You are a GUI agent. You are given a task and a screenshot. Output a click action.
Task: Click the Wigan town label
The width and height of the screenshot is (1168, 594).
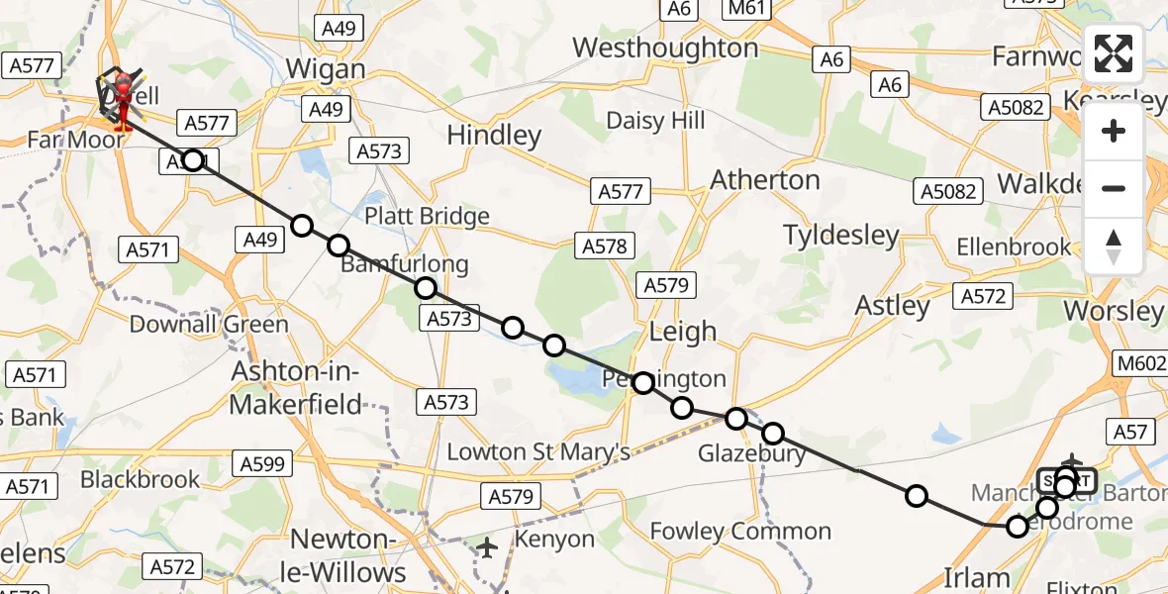[x=325, y=69]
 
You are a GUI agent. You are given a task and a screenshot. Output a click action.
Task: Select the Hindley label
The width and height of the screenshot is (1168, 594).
[x=494, y=135]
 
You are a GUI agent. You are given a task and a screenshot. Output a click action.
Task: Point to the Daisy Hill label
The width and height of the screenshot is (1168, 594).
[x=655, y=120]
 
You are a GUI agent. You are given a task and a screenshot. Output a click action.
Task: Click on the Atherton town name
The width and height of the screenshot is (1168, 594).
[x=765, y=180]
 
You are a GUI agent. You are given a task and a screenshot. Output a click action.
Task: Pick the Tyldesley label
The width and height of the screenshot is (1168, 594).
[x=841, y=236]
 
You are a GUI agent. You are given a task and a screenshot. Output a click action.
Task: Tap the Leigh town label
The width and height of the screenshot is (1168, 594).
[x=682, y=331]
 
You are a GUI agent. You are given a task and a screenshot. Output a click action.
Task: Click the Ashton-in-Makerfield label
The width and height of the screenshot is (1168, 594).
[x=297, y=387]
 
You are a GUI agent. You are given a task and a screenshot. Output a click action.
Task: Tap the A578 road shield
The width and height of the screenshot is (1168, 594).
[x=605, y=247]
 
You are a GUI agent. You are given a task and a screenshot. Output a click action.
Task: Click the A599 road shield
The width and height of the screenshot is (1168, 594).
[x=261, y=462]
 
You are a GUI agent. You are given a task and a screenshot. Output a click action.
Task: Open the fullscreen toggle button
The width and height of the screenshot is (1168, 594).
[x=1114, y=53]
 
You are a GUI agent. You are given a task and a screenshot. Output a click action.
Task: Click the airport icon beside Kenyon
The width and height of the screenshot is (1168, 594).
[x=486, y=546]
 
